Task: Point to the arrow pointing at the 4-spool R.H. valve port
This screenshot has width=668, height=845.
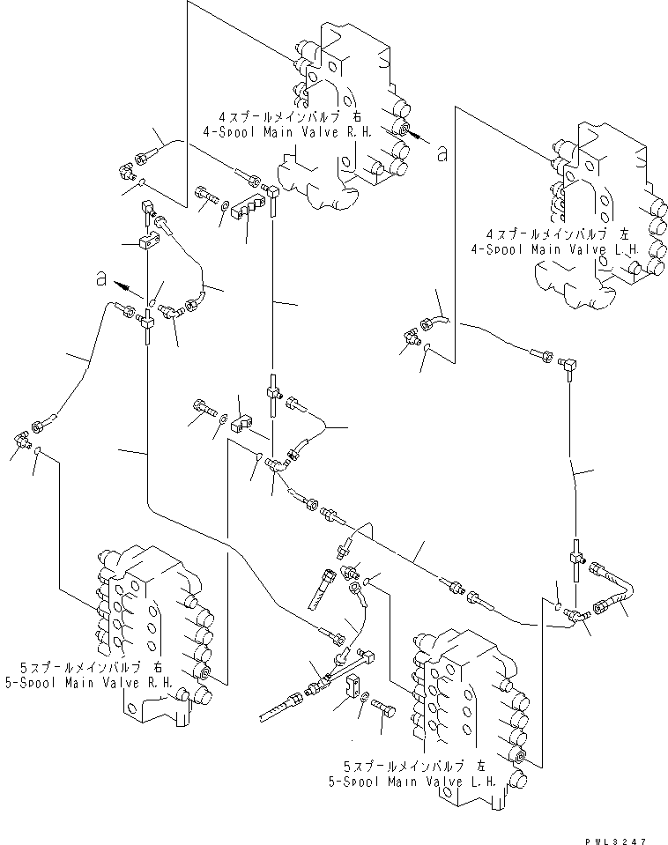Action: tap(419, 137)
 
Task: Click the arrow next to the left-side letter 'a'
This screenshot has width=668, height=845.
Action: tap(130, 287)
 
